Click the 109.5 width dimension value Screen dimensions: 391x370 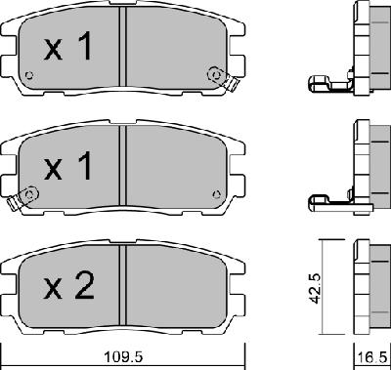point(123,357)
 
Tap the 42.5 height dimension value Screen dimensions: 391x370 point(315,288)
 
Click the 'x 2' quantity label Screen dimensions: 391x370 point(69,286)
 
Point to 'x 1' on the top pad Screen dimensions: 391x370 point(67,47)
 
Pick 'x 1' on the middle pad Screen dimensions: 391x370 point(67,166)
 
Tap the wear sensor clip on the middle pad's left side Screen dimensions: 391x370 point(14,203)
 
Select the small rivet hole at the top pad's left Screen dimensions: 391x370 point(29,75)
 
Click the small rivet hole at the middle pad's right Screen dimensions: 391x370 point(216,194)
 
